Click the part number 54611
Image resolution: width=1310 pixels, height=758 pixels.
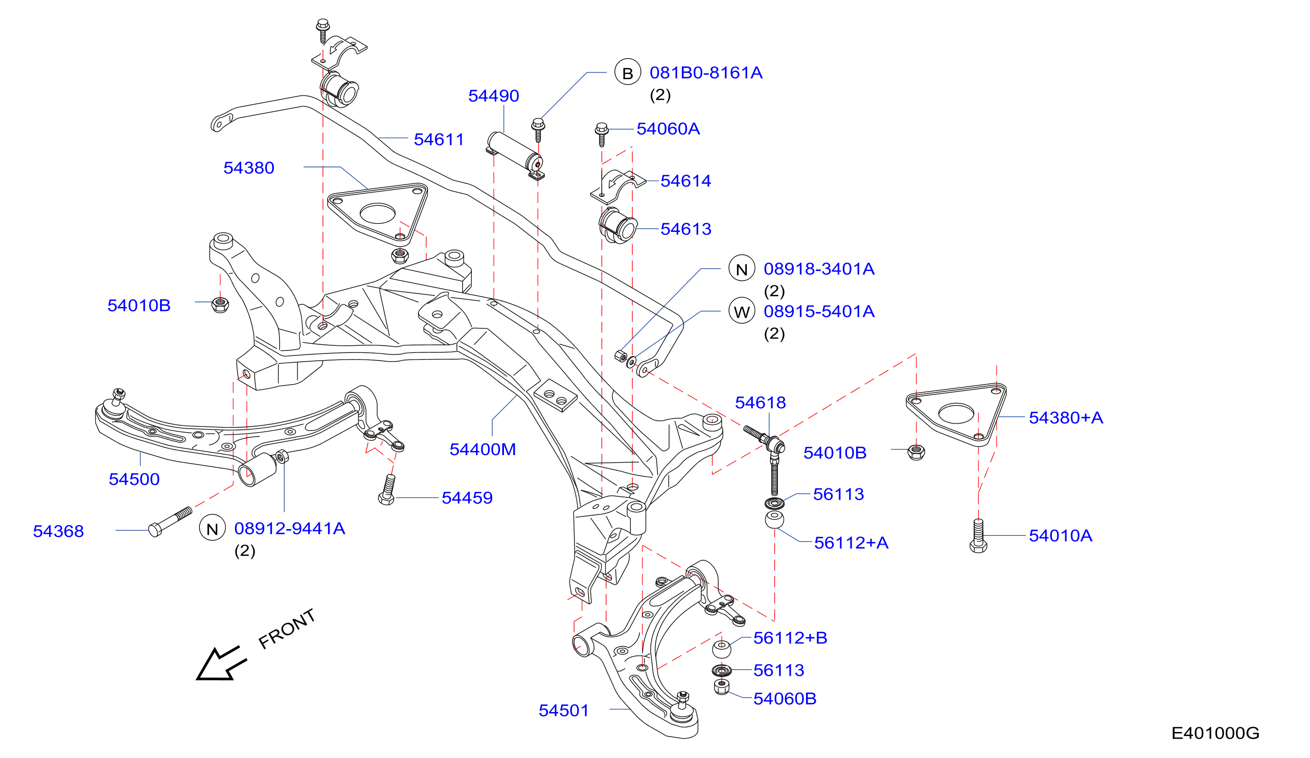click(x=439, y=140)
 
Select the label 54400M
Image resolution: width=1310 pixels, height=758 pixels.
click(x=482, y=449)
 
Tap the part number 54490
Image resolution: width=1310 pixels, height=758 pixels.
click(x=493, y=96)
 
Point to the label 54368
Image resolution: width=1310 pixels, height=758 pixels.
click(x=58, y=532)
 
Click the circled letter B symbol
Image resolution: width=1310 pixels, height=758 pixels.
click(x=628, y=72)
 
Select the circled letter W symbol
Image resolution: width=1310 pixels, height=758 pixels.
click(x=741, y=311)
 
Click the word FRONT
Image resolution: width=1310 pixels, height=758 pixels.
click(x=287, y=629)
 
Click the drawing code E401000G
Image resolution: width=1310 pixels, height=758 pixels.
click(x=1215, y=733)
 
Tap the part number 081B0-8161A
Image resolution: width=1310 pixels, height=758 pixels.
click(x=706, y=73)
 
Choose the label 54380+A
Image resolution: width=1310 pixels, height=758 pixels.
click(x=1066, y=418)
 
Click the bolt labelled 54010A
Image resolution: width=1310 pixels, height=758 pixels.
click(x=978, y=536)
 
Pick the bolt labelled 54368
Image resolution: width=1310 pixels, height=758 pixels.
click(x=170, y=522)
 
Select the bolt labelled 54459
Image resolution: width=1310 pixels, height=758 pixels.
click(x=387, y=490)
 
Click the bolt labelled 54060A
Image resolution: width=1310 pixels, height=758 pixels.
click(x=602, y=134)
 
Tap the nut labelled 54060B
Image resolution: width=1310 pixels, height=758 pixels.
click(x=722, y=687)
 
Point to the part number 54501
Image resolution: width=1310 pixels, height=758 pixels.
click(x=563, y=710)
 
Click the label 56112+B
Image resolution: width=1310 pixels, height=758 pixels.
click(x=790, y=638)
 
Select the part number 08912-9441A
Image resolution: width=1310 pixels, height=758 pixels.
click(x=290, y=528)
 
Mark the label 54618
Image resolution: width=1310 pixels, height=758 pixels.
click(x=760, y=402)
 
